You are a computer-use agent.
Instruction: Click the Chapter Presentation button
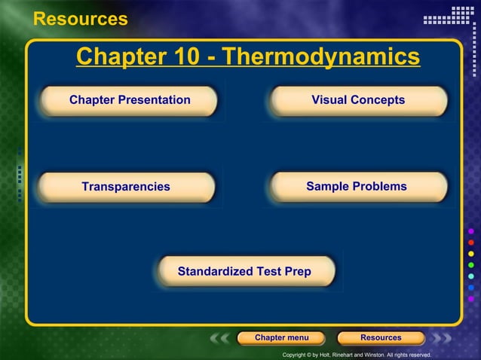pos(130,100)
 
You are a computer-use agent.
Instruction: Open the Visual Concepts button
pos(358,100)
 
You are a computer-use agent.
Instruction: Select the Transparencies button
pos(126,187)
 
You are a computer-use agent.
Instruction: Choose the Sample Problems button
pos(357,187)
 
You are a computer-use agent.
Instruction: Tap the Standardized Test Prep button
pos(244,271)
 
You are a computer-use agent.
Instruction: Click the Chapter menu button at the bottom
pos(280,338)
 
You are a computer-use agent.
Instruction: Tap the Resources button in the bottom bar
pos(381,338)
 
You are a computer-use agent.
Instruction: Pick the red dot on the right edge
pos(471,243)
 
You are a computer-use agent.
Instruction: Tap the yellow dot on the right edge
pos(471,254)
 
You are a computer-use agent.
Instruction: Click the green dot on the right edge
pos(471,265)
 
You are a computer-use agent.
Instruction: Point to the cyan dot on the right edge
pos(471,276)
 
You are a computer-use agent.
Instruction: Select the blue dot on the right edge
pos(471,288)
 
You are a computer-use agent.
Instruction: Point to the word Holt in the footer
pos(325,355)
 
